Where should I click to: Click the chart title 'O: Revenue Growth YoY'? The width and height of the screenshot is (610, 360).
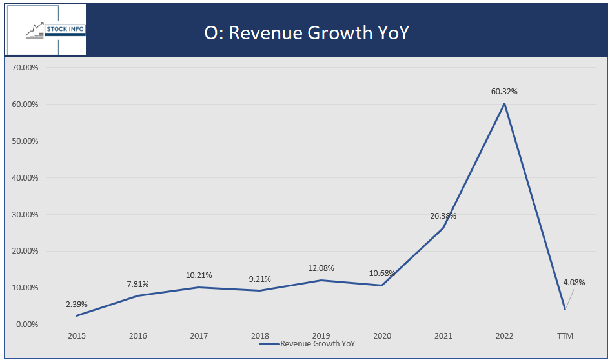pyautogui.click(x=307, y=33)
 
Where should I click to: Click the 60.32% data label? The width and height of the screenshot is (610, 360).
pyautogui.click(x=504, y=92)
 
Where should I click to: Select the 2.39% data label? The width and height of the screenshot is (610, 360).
pyautogui.click(x=77, y=304)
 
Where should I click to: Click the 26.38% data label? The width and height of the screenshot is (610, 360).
pyautogui.click(x=443, y=216)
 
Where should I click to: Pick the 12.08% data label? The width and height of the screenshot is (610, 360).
pyautogui.click(x=321, y=268)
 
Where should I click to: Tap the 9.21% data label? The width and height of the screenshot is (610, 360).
pyautogui.click(x=259, y=279)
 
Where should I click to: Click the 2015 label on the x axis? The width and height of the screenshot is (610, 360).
pyautogui.click(x=77, y=336)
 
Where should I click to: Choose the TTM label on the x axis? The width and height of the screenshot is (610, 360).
pyautogui.click(x=565, y=336)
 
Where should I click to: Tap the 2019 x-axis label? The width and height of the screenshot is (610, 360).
pyautogui.click(x=321, y=336)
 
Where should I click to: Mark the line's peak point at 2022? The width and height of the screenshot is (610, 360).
pyautogui.click(x=504, y=103)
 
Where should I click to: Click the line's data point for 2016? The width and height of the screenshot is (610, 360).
pyautogui.click(x=137, y=295)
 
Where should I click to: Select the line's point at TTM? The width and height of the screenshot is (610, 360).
pyautogui.click(x=565, y=309)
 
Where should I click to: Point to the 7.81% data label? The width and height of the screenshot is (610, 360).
pyautogui.click(x=137, y=284)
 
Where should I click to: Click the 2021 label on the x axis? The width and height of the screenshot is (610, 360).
pyautogui.click(x=443, y=336)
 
